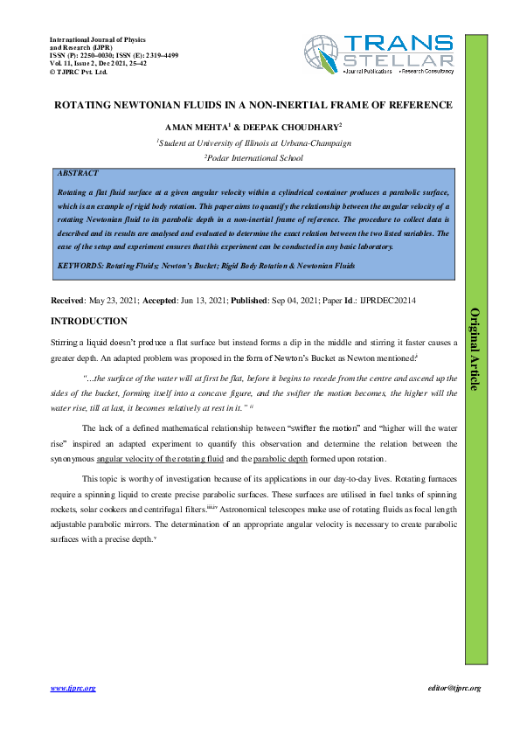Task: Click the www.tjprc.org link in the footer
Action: point(73,688)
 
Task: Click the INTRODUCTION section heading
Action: point(89,322)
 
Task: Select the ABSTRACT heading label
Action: point(76,173)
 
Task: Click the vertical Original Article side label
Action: point(475,349)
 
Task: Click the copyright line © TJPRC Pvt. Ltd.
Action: point(80,73)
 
